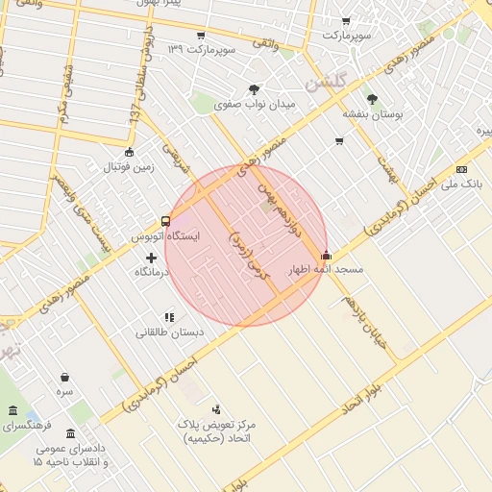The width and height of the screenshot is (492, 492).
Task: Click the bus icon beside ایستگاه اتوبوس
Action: coord(166,221)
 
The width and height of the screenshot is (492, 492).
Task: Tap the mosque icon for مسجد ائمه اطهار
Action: coord(327,256)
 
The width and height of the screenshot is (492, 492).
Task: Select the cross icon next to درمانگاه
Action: coord(151,258)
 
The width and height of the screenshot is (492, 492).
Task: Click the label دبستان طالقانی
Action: coord(168,332)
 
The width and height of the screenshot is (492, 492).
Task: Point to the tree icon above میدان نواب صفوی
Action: coord(254,89)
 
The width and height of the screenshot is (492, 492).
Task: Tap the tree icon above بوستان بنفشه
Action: coord(372,97)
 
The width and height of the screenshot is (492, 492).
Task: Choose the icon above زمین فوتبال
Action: coord(130,151)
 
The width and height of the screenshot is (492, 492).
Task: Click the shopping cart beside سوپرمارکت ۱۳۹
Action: coord(200,37)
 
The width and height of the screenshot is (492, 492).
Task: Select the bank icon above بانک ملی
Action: coord(474,167)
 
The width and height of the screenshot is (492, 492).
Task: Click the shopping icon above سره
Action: coord(64,377)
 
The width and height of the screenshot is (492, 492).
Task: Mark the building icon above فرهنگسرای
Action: coord(12,411)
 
